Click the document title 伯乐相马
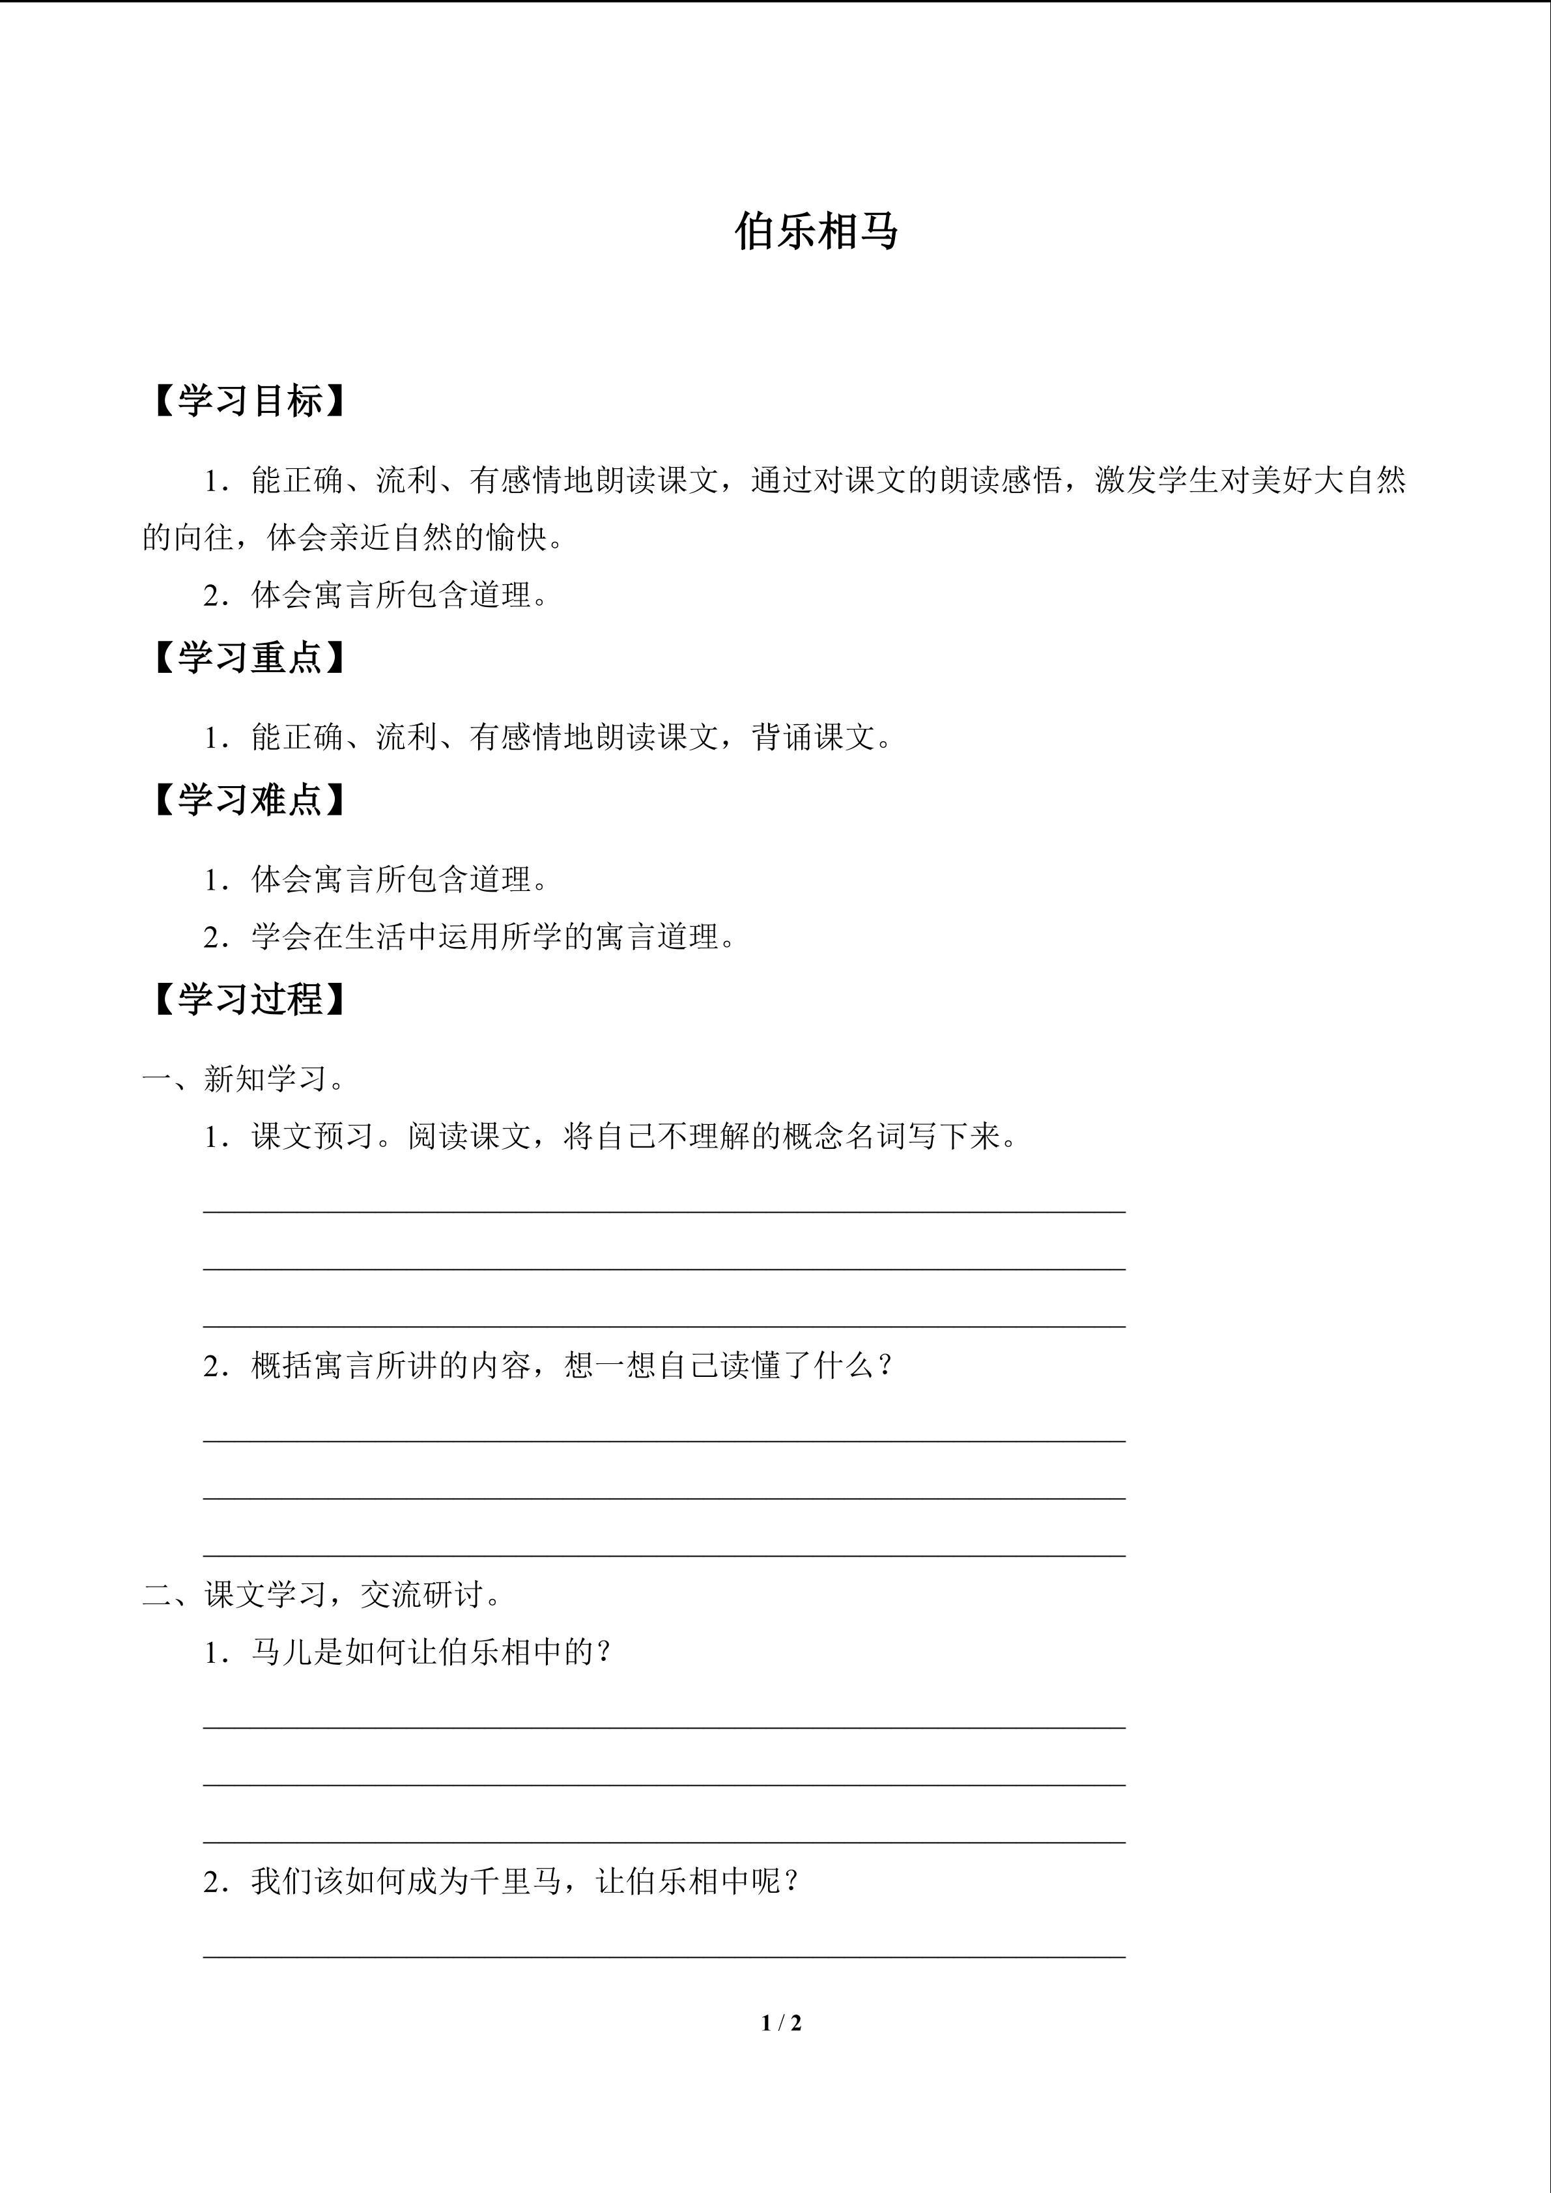coord(817,232)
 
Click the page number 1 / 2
coord(781,2022)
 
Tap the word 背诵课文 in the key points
coord(813,737)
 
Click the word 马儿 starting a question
coord(283,1652)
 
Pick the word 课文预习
coord(312,1137)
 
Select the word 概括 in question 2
coord(283,1366)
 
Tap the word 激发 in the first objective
coord(1126,481)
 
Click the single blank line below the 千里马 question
coord(664,1957)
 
